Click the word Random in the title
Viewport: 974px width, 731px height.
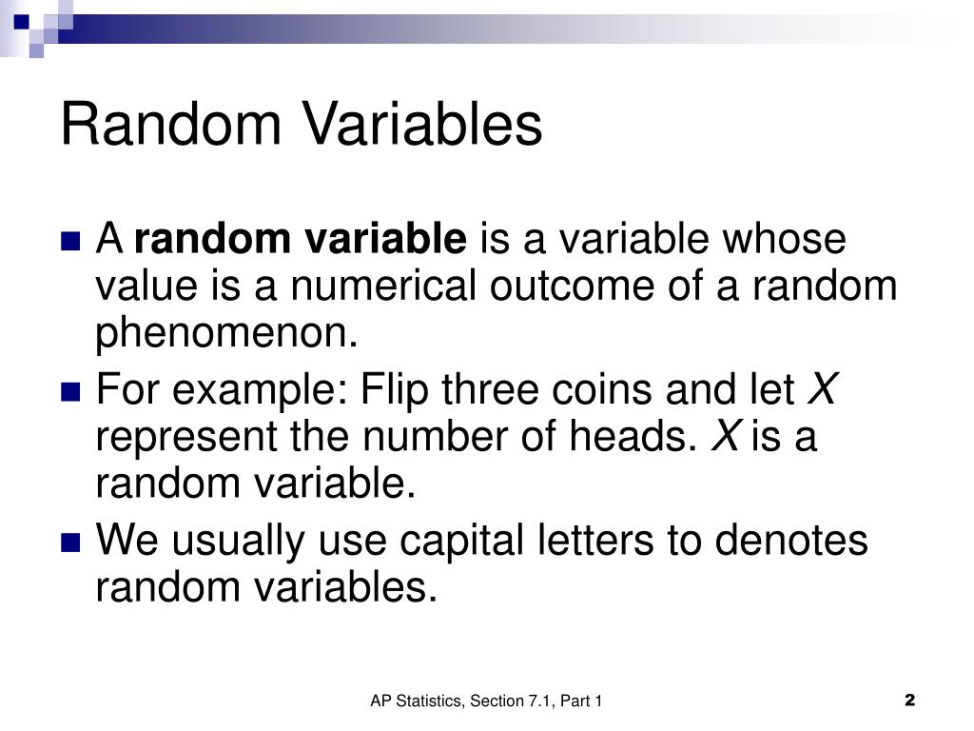(x=170, y=125)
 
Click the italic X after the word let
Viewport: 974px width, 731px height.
(x=822, y=390)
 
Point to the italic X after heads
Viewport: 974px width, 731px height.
(x=727, y=438)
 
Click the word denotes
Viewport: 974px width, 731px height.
(x=791, y=541)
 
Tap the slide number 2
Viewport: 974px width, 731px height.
(x=909, y=701)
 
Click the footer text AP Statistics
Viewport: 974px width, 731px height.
(x=417, y=701)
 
